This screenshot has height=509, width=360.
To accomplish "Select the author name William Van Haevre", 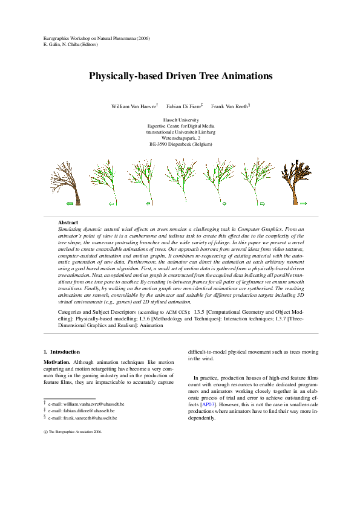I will (x=133, y=106).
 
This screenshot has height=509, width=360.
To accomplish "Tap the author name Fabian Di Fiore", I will (x=183, y=106).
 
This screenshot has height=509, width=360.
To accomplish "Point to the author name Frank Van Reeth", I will (x=229, y=106).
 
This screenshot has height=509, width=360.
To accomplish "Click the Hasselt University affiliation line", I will (x=180, y=120).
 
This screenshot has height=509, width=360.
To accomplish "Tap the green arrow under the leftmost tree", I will (x=70, y=204).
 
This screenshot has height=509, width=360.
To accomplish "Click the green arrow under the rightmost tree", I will (x=303, y=204).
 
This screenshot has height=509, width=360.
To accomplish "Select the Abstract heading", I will (x=68, y=223).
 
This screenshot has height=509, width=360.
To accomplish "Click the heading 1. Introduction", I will (x=62, y=351).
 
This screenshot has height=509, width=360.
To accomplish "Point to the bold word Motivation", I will (x=57, y=361).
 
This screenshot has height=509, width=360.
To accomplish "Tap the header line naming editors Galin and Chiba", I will (x=71, y=45).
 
